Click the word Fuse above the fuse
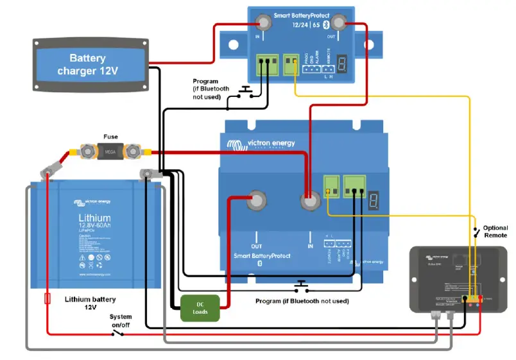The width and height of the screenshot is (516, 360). (x=110, y=136)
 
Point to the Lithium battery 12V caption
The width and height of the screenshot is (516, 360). (x=90, y=303)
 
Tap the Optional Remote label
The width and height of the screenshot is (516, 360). (x=495, y=232)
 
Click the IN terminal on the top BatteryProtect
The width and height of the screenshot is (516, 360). (x=263, y=24)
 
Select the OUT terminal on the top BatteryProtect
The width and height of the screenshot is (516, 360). (x=338, y=24)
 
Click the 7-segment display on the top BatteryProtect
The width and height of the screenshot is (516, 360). (x=344, y=64)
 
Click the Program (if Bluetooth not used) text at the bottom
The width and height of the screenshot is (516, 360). (x=302, y=301)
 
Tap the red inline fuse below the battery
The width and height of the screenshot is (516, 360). (x=47, y=299)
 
